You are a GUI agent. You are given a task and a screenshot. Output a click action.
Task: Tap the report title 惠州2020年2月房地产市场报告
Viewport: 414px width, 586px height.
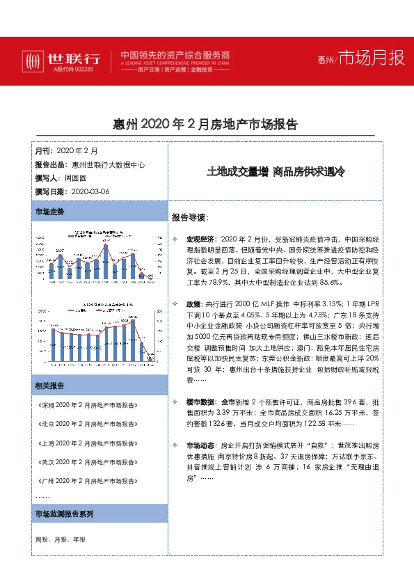[205, 125]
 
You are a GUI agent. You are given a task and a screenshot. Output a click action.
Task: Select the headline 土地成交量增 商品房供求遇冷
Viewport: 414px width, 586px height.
[276, 171]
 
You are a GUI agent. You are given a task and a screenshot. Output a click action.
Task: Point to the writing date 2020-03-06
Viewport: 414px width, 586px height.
[90, 191]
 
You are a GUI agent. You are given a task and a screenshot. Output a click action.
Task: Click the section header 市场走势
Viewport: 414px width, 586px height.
[49, 210]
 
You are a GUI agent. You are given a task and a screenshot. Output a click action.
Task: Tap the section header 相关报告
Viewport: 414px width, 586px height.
[49, 386]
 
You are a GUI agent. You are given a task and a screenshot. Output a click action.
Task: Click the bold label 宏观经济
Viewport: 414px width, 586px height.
[201, 239]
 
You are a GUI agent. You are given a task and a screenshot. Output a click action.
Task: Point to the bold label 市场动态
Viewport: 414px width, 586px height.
[201, 444]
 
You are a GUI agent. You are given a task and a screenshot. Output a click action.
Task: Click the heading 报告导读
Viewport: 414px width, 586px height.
[190, 217]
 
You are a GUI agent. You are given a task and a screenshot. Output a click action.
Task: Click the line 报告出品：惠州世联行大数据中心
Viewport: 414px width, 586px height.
[89, 165]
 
